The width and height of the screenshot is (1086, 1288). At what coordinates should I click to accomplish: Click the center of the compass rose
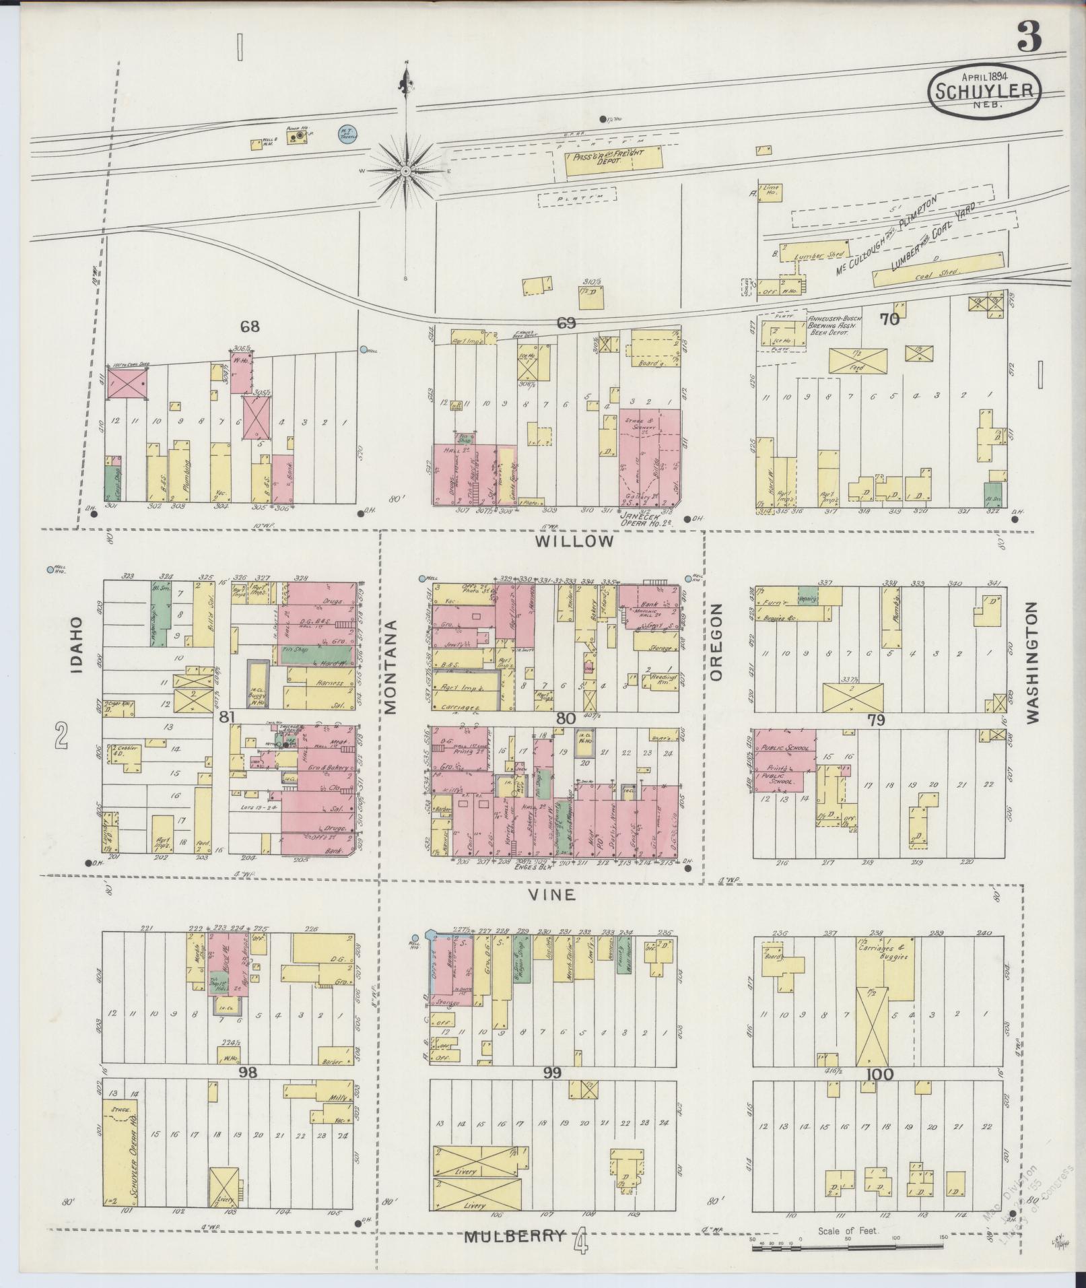(x=406, y=172)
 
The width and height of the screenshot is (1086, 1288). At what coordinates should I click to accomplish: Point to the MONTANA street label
(x=391, y=666)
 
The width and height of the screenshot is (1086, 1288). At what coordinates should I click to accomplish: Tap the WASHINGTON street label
(x=1033, y=663)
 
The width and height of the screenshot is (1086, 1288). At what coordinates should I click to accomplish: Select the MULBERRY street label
(x=514, y=1237)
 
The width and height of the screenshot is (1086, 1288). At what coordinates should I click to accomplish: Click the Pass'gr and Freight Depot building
(x=613, y=162)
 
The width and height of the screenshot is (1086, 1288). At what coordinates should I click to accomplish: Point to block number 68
(x=250, y=327)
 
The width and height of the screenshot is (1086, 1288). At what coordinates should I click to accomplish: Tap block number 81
(x=226, y=718)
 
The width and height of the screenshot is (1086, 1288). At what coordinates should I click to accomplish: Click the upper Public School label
(x=784, y=745)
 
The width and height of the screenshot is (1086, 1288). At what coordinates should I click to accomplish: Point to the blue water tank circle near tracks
(x=347, y=133)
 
